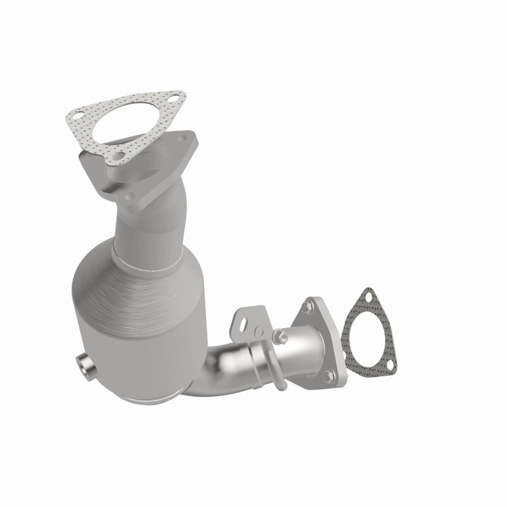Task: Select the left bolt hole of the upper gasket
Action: (77, 115)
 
